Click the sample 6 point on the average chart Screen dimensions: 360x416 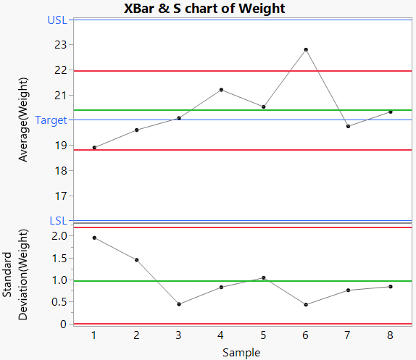[306, 49]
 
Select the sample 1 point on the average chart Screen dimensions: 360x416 [94, 147]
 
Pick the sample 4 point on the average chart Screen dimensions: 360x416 [221, 90]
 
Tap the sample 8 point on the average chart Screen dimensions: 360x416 [390, 112]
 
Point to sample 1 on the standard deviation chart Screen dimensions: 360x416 [94, 238]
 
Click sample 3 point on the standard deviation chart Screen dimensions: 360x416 [179, 304]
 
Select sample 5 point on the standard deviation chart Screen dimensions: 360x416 [264, 277]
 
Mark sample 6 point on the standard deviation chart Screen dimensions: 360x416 [306, 305]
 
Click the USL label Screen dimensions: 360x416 [57, 20]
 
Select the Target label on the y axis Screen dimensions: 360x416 [51, 120]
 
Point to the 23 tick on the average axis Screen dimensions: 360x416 [59, 45]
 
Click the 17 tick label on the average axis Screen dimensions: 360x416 [59, 196]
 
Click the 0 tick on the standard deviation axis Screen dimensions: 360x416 [62, 324]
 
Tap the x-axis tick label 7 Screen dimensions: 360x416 [348, 335]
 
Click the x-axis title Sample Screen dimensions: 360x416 [241, 353]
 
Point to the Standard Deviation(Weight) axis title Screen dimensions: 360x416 [16, 286]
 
